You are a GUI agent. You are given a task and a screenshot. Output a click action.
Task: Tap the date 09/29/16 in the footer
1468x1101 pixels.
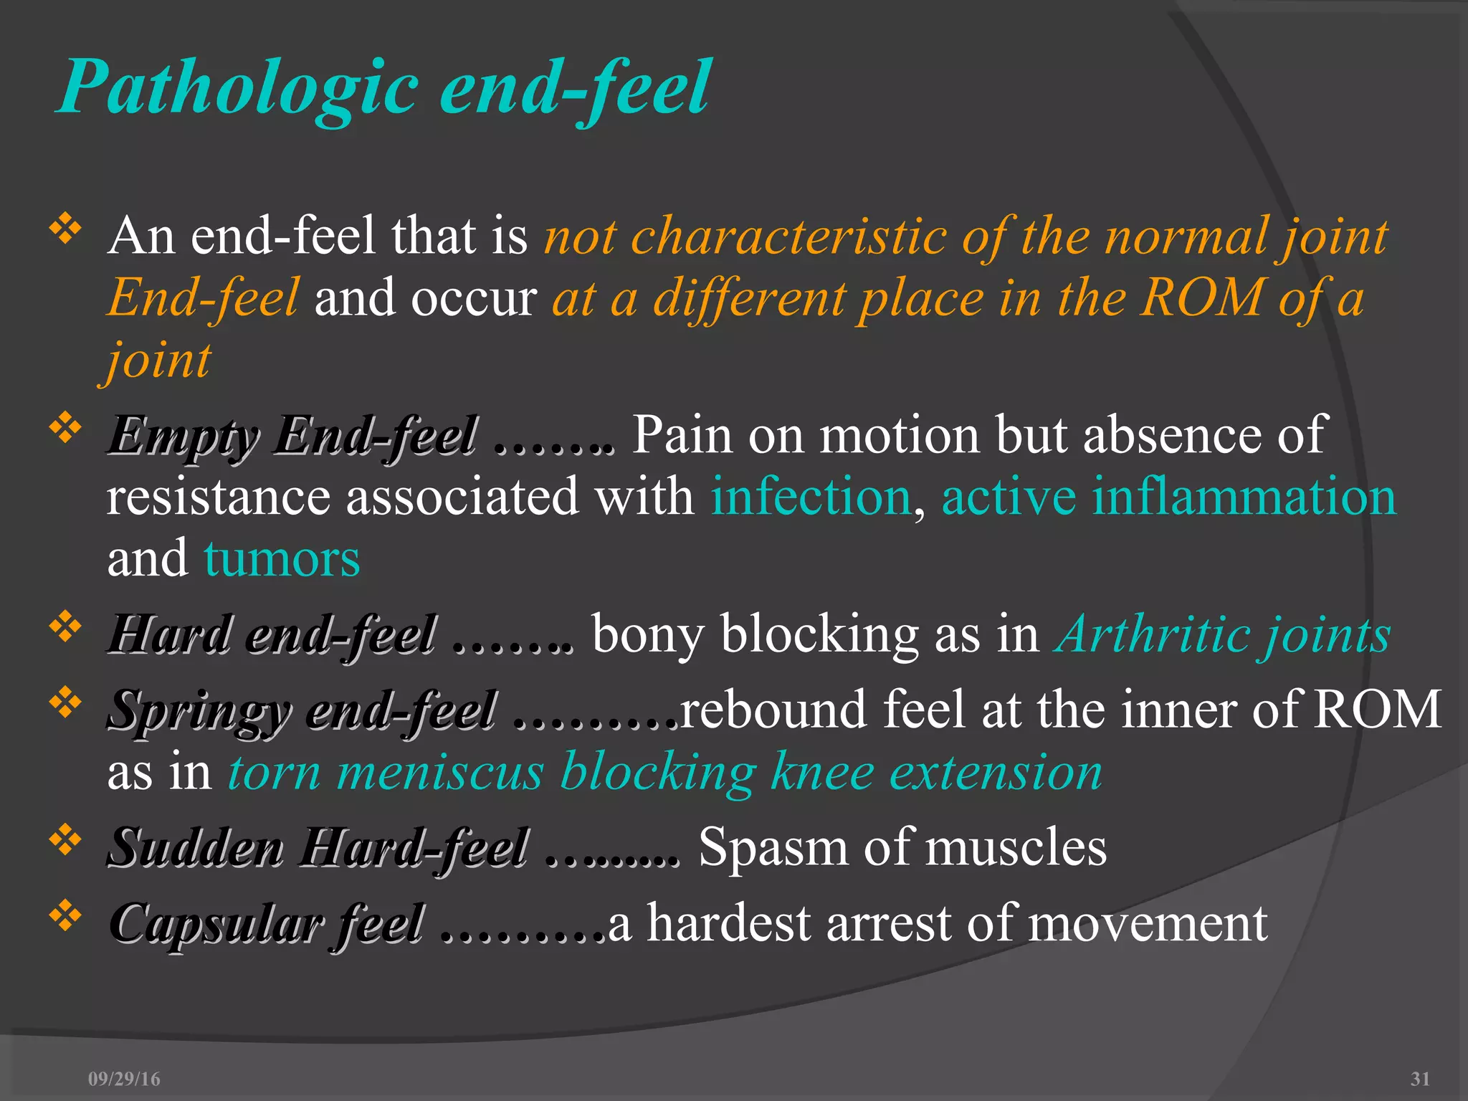click(x=124, y=1079)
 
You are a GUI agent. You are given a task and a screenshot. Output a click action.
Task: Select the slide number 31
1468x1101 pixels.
click(x=1420, y=1079)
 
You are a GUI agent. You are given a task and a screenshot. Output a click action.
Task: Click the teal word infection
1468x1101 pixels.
click(x=810, y=497)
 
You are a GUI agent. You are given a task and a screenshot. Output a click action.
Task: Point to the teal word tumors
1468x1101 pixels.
click(x=282, y=559)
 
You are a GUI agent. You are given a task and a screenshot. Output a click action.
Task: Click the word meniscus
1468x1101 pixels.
click(x=439, y=773)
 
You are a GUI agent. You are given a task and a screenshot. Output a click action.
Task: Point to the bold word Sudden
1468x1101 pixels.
click(x=195, y=848)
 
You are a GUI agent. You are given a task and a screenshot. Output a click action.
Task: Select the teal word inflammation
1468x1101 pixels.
click(x=1244, y=497)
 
